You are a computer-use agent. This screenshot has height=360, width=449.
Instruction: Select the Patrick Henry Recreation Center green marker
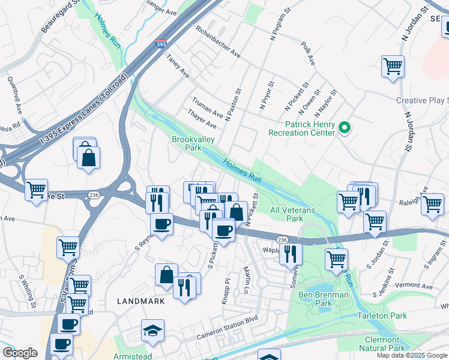[x=344, y=127]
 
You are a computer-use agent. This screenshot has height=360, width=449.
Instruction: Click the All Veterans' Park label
[x=293, y=215]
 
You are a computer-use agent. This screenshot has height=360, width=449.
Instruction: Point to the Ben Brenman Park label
[x=315, y=299]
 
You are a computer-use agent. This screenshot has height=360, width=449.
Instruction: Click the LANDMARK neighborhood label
[x=140, y=301]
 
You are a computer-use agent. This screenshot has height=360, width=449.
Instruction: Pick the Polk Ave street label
[x=309, y=53]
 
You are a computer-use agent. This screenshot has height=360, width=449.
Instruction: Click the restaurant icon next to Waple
[x=291, y=254]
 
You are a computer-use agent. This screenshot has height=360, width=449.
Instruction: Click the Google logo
[x=20, y=353]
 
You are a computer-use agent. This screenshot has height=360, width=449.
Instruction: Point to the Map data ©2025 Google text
[x=412, y=355]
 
